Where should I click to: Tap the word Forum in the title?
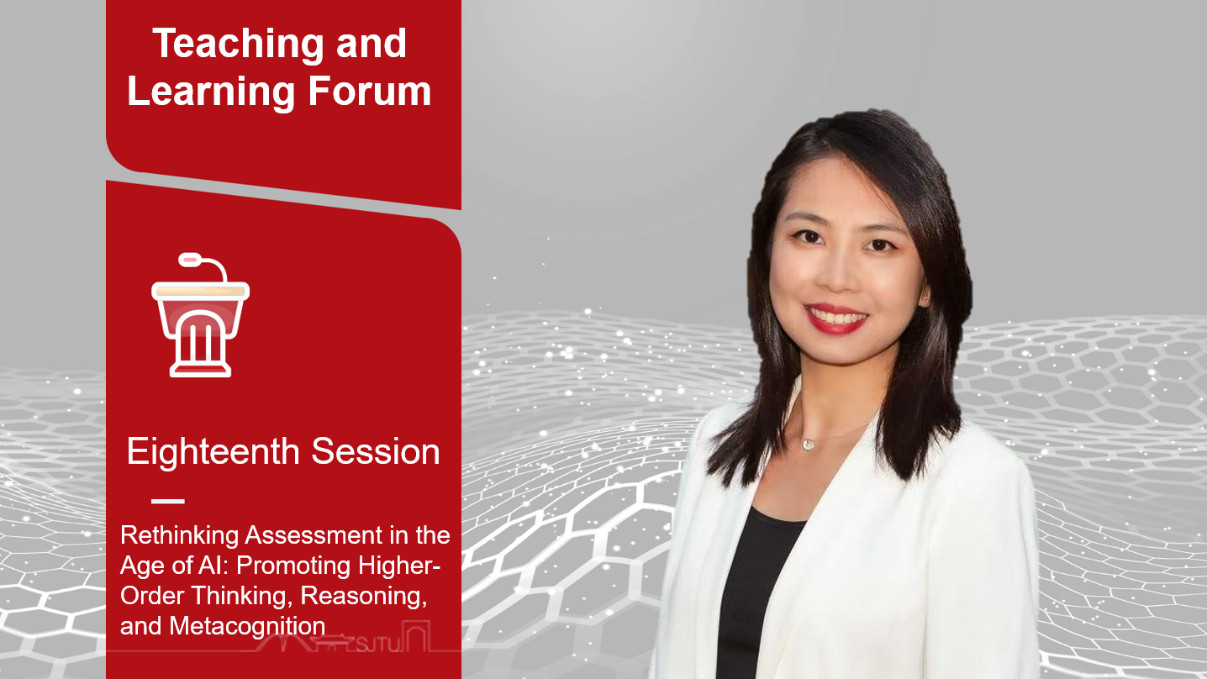(x=370, y=91)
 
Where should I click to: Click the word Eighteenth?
(x=213, y=452)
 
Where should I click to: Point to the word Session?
(x=376, y=451)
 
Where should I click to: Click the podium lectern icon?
(x=200, y=315)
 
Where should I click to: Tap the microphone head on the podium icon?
(x=190, y=261)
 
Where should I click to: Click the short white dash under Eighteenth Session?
(x=168, y=501)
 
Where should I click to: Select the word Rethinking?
(x=179, y=535)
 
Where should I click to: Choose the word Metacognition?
(x=247, y=626)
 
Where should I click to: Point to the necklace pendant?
(x=808, y=445)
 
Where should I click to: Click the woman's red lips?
(x=835, y=319)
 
